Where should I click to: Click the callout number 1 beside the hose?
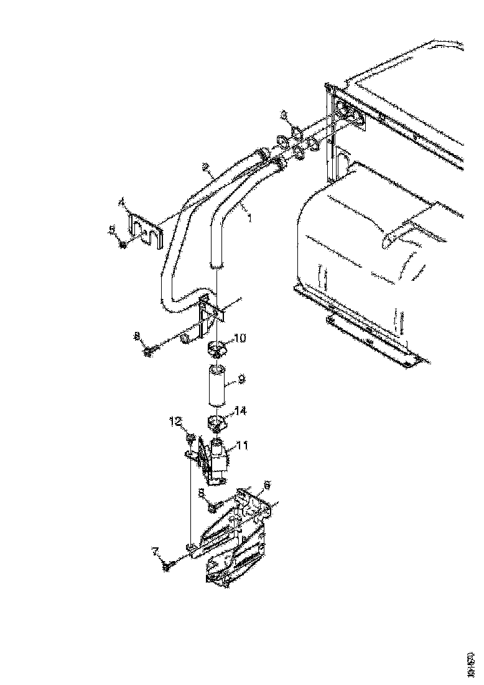click(251, 219)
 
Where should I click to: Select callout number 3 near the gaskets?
click(284, 115)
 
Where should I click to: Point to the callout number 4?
click(123, 202)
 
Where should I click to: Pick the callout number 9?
click(241, 378)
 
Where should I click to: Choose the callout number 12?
click(177, 422)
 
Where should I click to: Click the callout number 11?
click(243, 446)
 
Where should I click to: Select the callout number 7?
click(156, 550)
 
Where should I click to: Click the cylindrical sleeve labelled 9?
click(216, 386)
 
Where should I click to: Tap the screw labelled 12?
click(189, 440)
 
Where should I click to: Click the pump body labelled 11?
click(219, 461)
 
